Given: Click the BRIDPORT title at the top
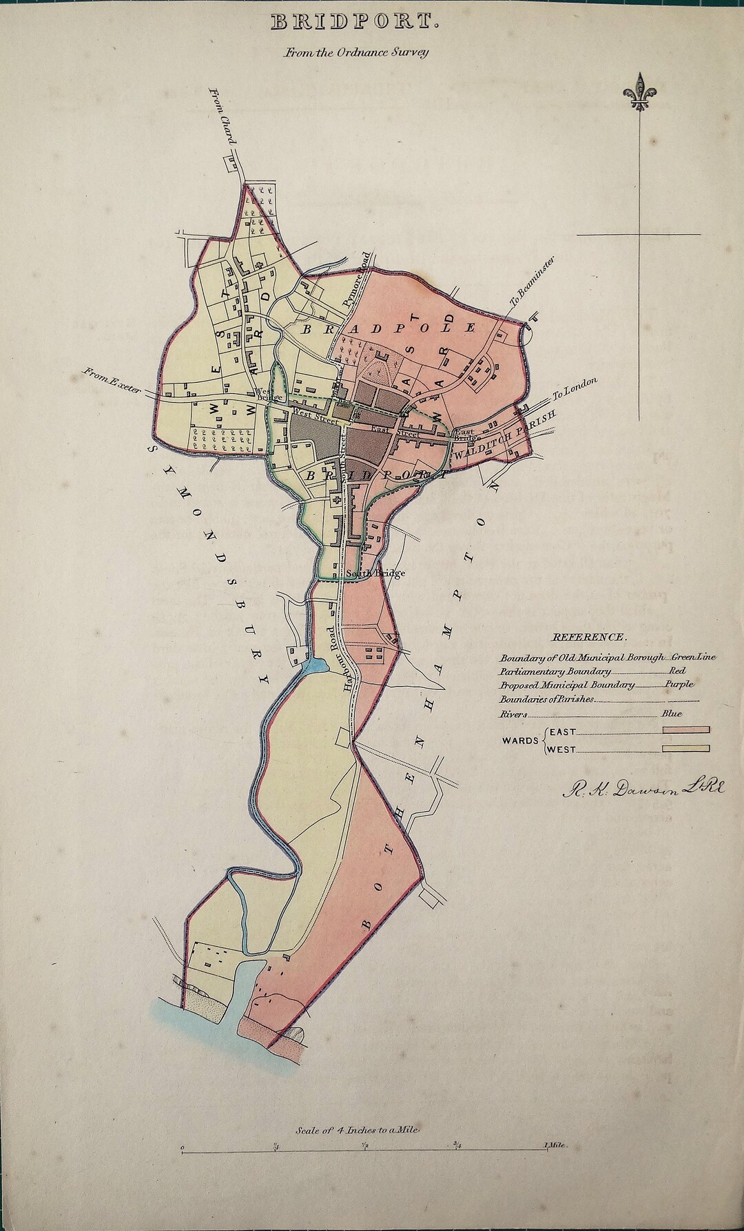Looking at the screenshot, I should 355,23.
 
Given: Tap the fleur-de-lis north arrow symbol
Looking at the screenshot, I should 641,92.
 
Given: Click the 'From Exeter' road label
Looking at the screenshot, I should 112,380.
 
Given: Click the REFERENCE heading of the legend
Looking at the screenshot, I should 589,638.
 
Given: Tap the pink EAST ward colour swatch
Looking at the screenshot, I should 685,730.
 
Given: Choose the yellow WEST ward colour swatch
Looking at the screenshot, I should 685,749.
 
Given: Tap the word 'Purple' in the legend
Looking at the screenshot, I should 679,685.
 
